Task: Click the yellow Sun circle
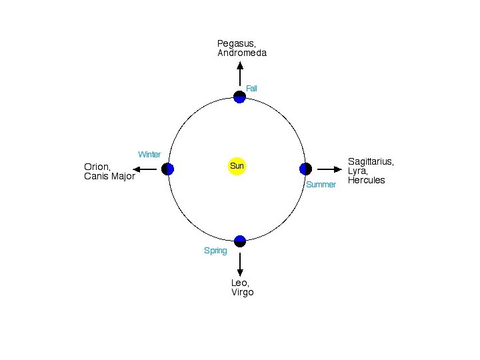click(x=237, y=165)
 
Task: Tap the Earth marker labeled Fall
click(x=240, y=97)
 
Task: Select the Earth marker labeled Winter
click(x=168, y=169)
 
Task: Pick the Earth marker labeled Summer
click(x=305, y=169)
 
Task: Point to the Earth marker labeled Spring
click(x=240, y=241)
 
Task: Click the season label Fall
click(x=251, y=88)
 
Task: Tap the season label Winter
click(x=149, y=155)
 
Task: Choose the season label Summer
click(x=321, y=184)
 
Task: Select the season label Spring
click(x=215, y=251)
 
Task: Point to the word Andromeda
click(x=242, y=53)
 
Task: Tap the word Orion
click(x=97, y=167)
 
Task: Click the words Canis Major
click(x=109, y=176)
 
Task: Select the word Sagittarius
click(x=371, y=161)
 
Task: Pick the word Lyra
click(x=357, y=171)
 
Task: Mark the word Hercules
click(x=367, y=180)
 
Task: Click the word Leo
click(x=239, y=283)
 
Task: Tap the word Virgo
click(x=243, y=292)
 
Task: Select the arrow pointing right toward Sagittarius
click(x=329, y=169)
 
